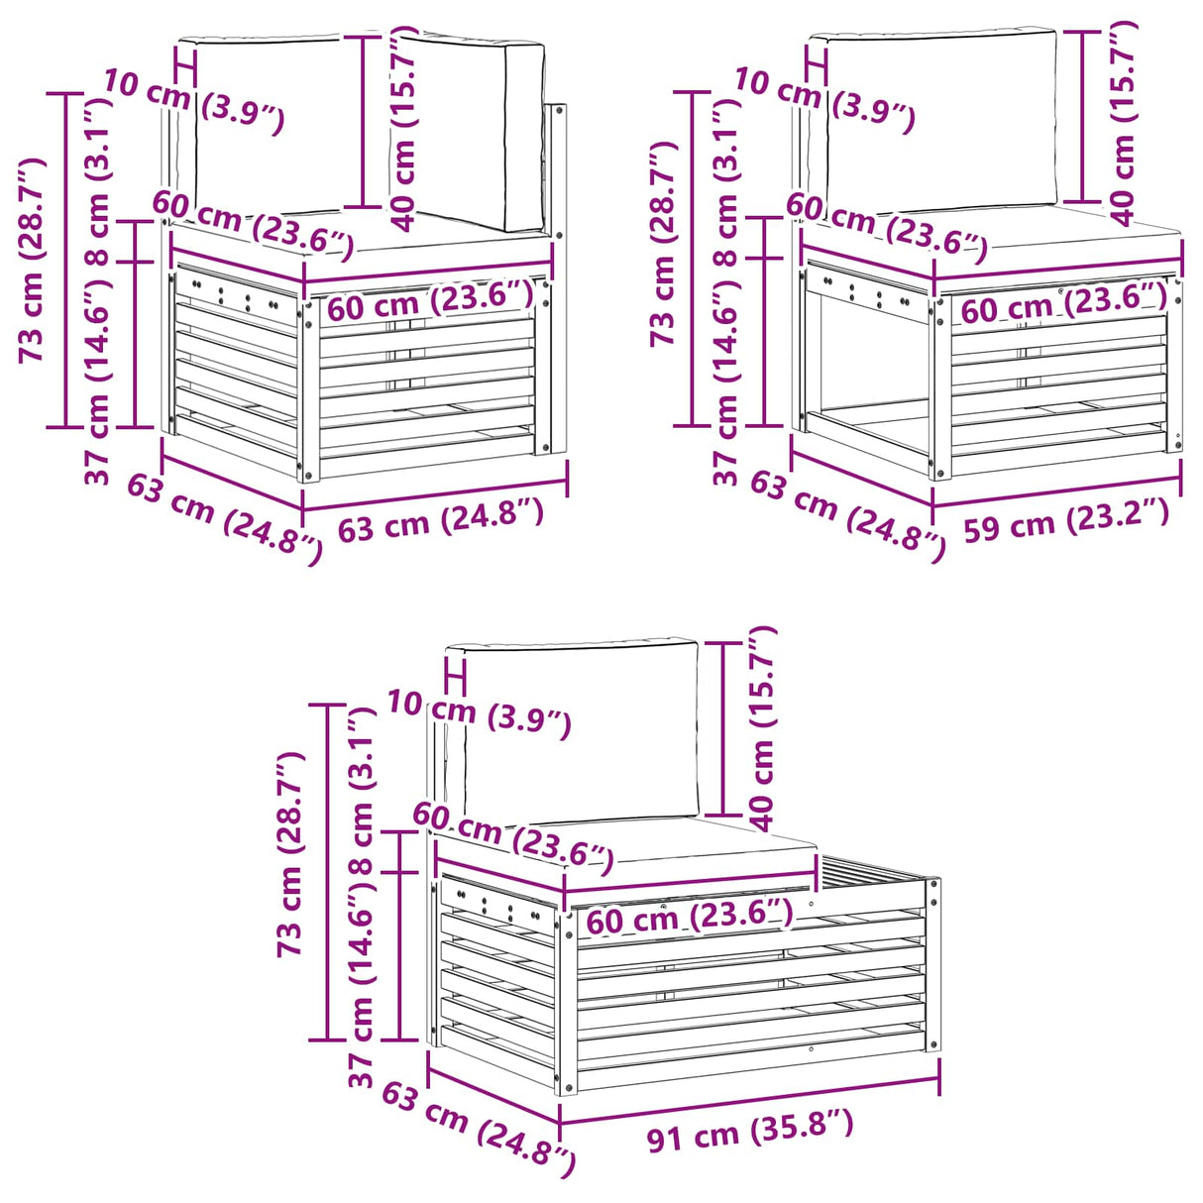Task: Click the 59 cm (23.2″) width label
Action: point(1066,518)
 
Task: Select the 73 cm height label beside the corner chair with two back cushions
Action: point(32,260)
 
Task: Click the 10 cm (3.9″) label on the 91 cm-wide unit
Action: point(479,714)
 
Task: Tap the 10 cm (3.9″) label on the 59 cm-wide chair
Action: point(824,101)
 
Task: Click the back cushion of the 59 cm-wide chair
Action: point(941,123)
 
